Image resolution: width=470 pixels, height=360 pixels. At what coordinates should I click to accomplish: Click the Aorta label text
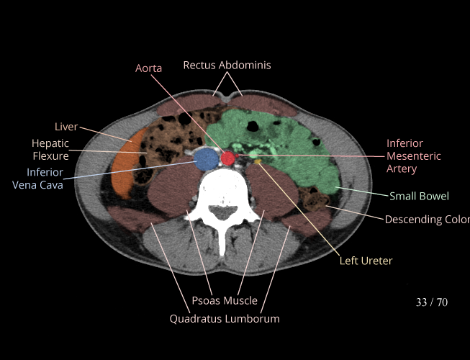click(149, 68)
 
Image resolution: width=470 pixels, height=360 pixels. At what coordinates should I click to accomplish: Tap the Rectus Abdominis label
click(227, 66)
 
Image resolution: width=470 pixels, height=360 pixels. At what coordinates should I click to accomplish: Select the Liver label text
click(66, 127)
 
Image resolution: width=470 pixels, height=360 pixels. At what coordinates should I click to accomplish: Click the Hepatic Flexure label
click(50, 150)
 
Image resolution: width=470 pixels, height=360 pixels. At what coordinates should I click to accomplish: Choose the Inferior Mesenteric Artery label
click(414, 156)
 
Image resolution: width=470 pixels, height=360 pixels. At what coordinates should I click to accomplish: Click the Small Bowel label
click(419, 196)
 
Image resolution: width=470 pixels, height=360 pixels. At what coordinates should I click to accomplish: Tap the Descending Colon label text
click(427, 219)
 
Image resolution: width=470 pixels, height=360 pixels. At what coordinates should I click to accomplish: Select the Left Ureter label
click(366, 261)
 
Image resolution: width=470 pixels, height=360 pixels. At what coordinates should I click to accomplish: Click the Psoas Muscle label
click(225, 300)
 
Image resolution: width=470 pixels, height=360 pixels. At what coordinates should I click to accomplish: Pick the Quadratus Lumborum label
click(225, 318)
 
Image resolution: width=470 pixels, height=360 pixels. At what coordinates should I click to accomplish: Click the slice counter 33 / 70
click(432, 302)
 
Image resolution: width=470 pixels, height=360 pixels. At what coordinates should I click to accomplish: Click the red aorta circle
click(229, 158)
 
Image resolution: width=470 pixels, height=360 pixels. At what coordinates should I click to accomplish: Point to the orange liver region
click(124, 169)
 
